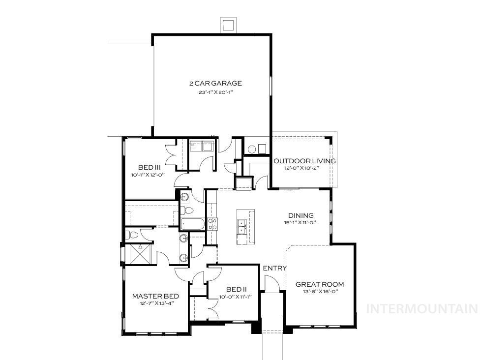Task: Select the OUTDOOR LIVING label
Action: [x=304, y=161]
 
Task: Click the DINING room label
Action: [x=301, y=215]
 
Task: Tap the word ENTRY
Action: [x=274, y=268]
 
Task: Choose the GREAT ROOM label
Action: [x=320, y=284]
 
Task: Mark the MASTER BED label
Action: [x=155, y=296]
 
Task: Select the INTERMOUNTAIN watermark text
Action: [x=422, y=309]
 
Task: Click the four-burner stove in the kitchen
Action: [x=213, y=224]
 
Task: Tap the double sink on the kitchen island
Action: [x=242, y=227]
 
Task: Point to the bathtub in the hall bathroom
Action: [x=192, y=224]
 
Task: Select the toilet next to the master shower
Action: [x=132, y=235]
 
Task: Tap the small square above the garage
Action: [x=228, y=25]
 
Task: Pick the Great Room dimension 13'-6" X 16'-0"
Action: [x=320, y=292]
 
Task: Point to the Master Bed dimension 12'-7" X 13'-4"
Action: [x=155, y=303]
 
